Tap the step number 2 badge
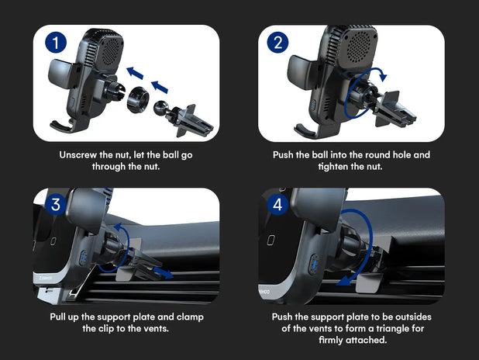tap(277, 43)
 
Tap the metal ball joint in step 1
tap(164, 107)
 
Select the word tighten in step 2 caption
tap(332, 167)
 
